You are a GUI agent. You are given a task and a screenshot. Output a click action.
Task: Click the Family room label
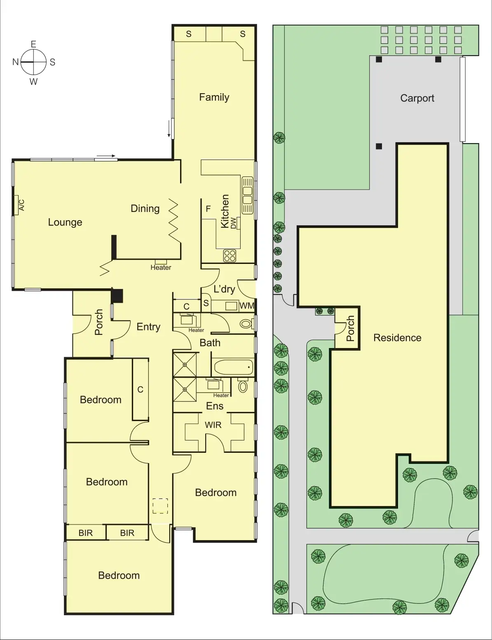click(214, 97)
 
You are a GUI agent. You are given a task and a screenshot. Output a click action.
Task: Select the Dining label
click(145, 209)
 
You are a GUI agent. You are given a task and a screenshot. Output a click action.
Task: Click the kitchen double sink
click(247, 195)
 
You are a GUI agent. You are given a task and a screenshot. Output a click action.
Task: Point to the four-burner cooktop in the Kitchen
click(230, 256)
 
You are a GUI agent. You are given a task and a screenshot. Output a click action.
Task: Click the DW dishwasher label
click(234, 223)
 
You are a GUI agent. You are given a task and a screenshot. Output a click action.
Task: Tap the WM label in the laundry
click(246, 306)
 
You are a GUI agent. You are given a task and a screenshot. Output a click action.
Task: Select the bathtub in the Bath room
click(232, 367)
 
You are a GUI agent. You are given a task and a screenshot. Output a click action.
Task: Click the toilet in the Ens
click(243, 386)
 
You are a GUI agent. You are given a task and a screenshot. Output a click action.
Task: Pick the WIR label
click(213, 425)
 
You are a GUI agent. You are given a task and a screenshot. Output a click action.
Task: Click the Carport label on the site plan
click(417, 98)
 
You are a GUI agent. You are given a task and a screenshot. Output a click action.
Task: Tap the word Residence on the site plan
click(397, 338)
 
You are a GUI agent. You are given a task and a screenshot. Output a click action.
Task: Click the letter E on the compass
click(33, 44)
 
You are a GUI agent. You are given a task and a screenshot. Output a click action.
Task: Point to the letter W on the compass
click(33, 82)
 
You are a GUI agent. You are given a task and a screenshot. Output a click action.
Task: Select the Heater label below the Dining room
click(161, 267)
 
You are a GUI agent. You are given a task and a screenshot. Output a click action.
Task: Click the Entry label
click(148, 327)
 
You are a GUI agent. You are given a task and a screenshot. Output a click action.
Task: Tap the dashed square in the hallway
click(160, 506)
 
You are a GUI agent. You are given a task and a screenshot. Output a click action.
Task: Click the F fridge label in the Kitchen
click(208, 209)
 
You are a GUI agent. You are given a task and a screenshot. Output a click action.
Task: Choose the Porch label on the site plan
click(350, 329)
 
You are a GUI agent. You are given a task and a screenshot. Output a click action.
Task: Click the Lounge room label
click(65, 222)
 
